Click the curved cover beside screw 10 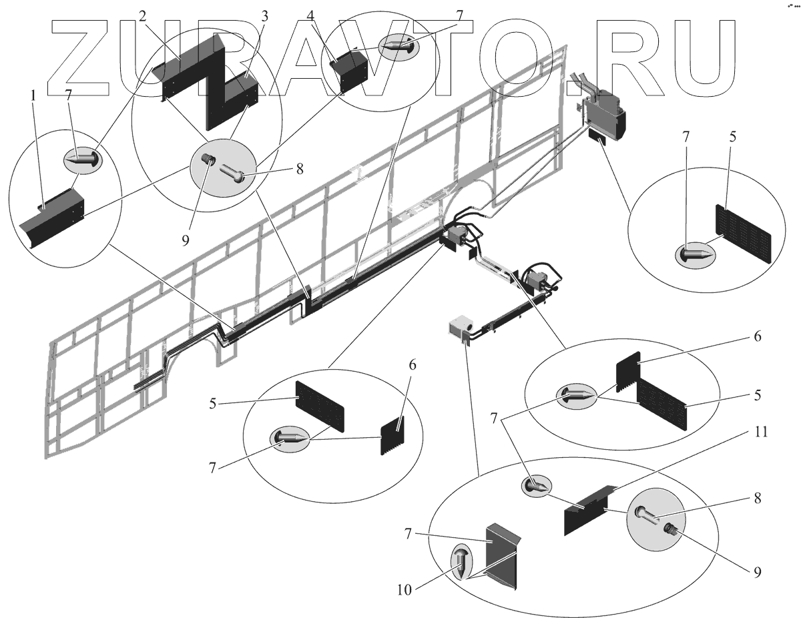(501, 553)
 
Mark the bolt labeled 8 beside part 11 (649, 515)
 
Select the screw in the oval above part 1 (83, 159)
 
